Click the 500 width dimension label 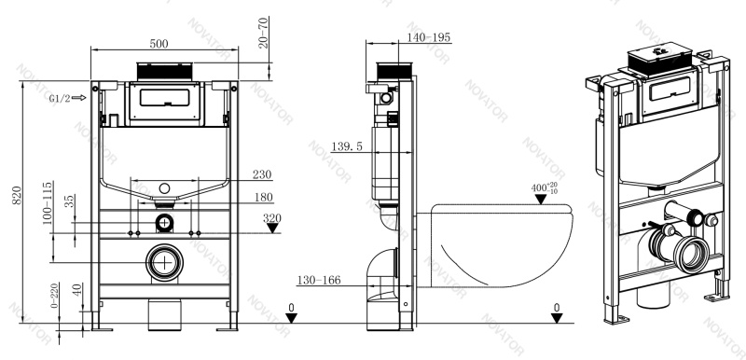159,44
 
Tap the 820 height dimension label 17,196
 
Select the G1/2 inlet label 60,99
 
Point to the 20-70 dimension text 263,33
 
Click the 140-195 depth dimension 429,37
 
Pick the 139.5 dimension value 347,146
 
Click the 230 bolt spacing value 262,174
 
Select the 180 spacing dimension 263,197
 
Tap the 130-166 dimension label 319,280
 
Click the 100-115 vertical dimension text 47,203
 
